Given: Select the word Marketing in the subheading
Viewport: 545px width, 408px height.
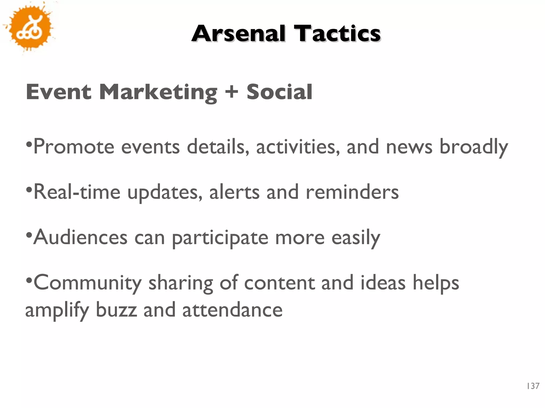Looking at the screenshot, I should pos(158,92).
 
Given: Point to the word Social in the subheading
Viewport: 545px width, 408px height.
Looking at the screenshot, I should pos(279,92).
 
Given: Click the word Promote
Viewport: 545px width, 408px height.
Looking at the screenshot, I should pos(74,147).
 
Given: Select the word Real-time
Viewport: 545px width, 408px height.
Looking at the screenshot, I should pos(77,192).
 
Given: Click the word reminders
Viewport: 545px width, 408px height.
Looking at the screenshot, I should pos(352,192).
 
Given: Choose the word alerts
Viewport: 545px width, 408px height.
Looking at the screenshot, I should pos(234,192).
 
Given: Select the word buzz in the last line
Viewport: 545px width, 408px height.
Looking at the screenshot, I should pos(116,310).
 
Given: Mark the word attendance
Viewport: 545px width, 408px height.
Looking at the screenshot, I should pos(232,310).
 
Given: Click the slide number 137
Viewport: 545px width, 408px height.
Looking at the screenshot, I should pos(533,386).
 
